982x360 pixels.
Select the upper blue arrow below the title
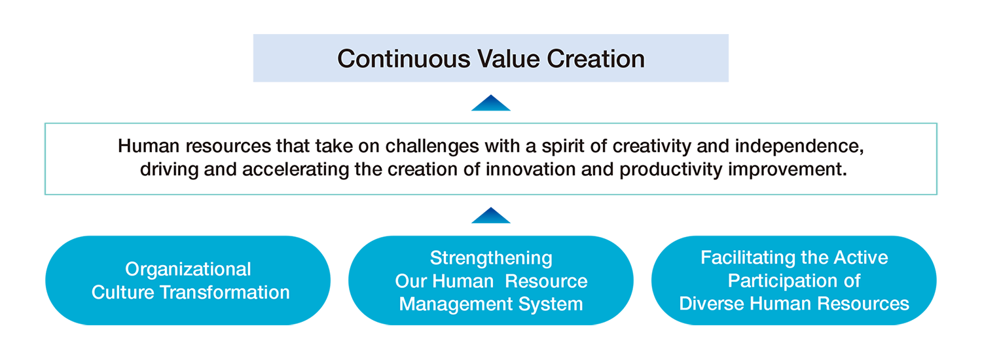(491, 103)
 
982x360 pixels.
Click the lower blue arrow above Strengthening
(491, 215)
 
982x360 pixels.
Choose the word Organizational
(189, 269)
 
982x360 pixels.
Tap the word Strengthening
(491, 258)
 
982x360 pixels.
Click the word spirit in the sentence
(549, 145)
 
